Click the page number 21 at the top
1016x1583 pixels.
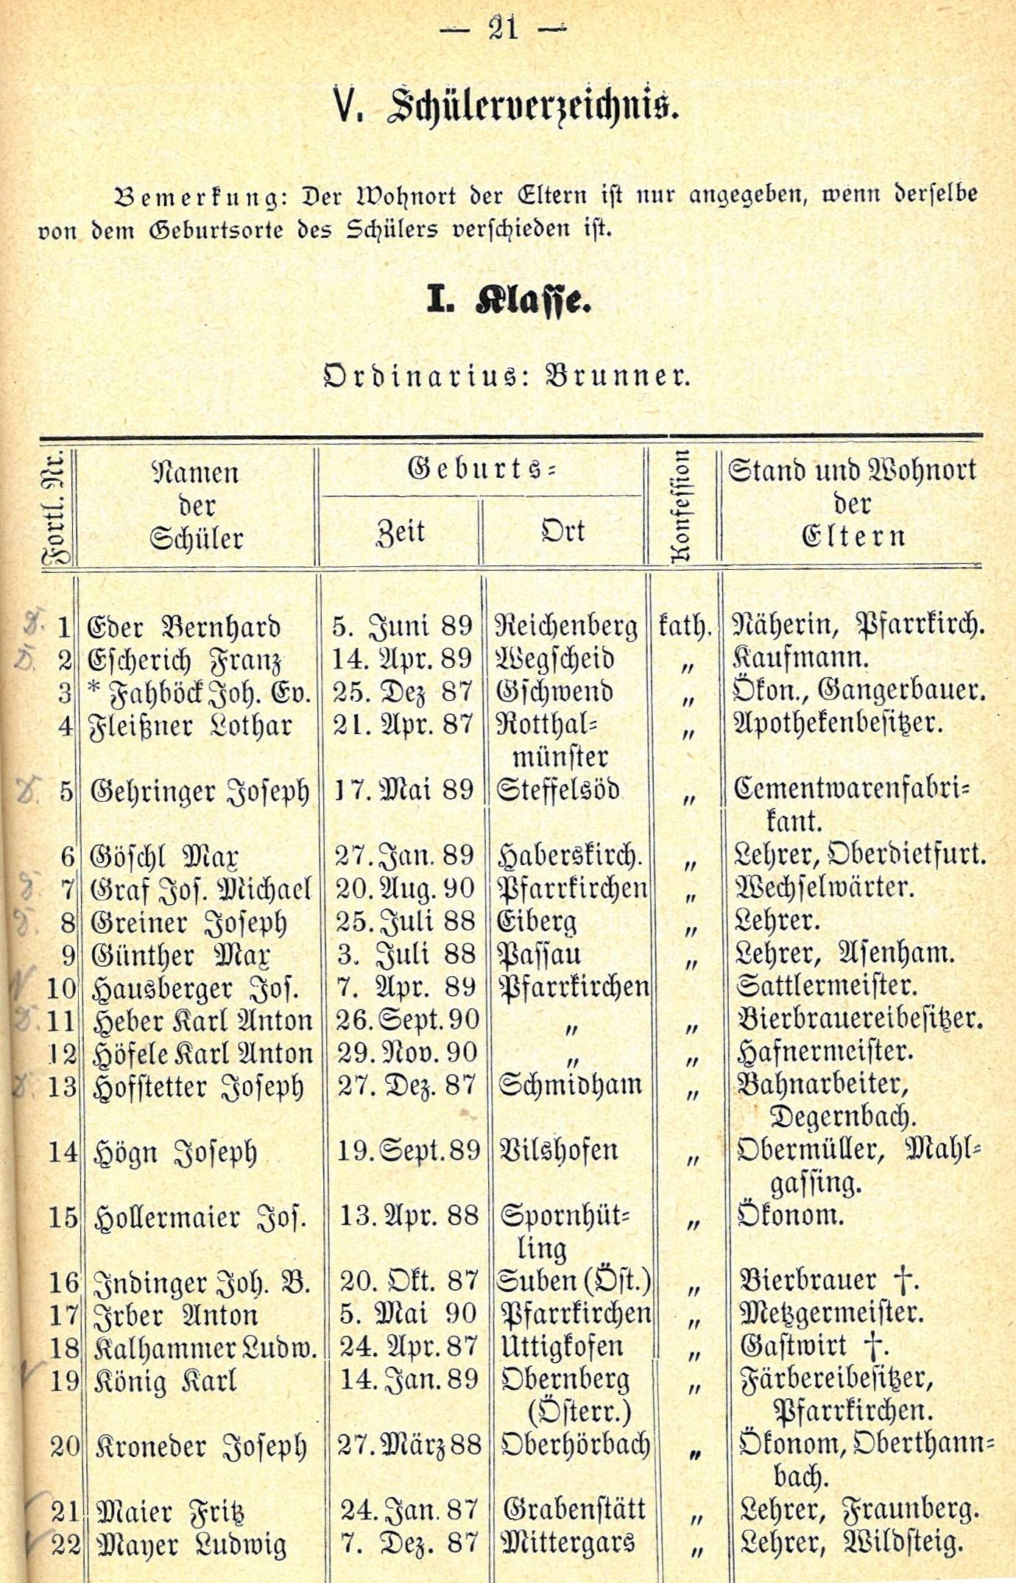(503, 29)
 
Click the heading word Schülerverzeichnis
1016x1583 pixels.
(532, 107)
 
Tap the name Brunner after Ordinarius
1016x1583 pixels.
(617, 376)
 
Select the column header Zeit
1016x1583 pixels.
(401, 532)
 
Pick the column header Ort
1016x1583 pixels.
(563, 530)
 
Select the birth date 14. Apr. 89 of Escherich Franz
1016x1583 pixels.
(402, 659)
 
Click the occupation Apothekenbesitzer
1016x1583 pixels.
(839, 724)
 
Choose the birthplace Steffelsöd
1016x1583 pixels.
(557, 790)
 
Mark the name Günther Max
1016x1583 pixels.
(181, 956)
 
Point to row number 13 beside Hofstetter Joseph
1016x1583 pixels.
(62, 1087)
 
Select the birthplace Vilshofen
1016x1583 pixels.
(558, 1150)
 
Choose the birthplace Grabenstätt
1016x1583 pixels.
(574, 1509)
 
